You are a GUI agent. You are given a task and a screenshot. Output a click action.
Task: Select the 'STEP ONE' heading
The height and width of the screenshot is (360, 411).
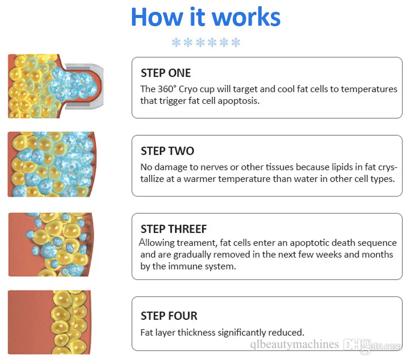click(165, 73)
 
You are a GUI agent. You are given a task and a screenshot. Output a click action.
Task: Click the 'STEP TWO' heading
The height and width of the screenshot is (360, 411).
click(167, 151)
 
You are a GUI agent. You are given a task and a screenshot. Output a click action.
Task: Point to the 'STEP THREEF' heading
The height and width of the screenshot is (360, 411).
click(173, 229)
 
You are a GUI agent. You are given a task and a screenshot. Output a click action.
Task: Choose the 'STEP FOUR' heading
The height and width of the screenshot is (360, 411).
click(169, 316)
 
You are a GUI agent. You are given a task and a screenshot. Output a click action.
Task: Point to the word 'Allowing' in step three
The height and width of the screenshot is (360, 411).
click(157, 242)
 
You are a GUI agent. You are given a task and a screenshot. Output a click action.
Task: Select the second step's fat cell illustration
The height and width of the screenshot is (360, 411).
click(51, 165)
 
